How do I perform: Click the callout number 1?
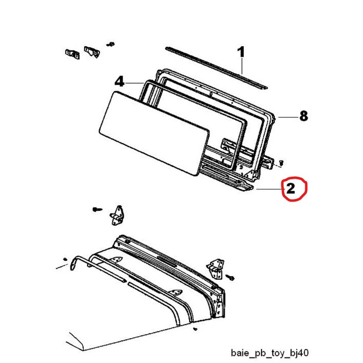241,52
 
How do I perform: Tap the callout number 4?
120,82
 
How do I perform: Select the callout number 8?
304,116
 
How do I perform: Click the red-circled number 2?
291,188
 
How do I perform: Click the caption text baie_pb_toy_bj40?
270,353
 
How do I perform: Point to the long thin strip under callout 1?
216,68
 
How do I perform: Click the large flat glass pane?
154,133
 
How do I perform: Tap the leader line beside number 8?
288,117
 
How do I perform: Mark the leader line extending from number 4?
134,83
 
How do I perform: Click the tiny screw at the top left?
111,44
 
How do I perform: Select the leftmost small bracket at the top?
72,54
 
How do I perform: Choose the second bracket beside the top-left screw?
92,52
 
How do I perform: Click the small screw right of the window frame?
281,162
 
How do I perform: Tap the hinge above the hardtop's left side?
117,216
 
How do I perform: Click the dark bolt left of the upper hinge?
97,209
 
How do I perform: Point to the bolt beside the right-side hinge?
230,277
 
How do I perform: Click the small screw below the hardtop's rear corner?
195,328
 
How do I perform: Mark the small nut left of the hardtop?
65,259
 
